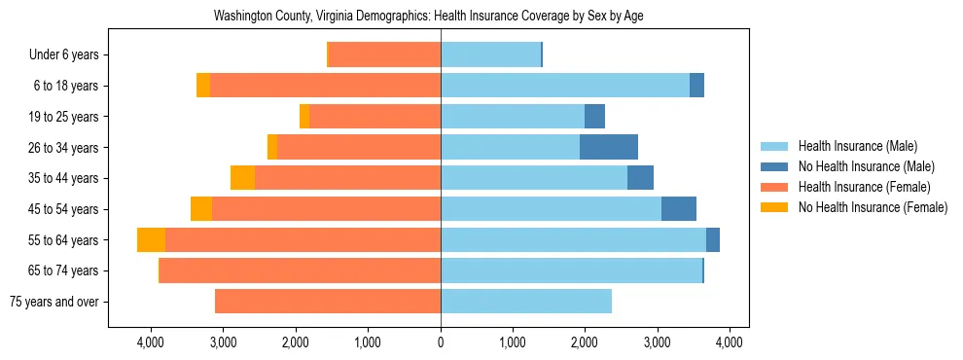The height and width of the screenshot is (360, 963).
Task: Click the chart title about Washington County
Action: pyautogui.click(x=428, y=17)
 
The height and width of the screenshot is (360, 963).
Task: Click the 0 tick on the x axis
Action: pyautogui.click(x=441, y=342)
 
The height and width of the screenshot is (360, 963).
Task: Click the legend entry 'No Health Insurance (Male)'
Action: pyautogui.click(x=866, y=166)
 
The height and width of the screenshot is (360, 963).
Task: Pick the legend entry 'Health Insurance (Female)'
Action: pyautogui.click(x=864, y=187)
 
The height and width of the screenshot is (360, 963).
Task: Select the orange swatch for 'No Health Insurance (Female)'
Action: pyautogui.click(x=775, y=207)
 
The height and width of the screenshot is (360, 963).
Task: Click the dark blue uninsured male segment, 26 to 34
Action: pyautogui.click(x=609, y=148)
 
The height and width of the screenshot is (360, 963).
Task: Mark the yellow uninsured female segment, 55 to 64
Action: pyautogui.click(x=151, y=240)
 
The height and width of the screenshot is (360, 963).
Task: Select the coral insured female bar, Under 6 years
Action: pyautogui.click(x=385, y=55)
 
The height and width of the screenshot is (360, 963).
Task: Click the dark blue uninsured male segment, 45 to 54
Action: pyautogui.click(x=679, y=209)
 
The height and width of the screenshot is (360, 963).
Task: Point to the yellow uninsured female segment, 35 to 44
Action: pyautogui.click(x=242, y=178)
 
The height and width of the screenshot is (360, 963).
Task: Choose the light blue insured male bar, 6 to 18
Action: pyautogui.click(x=565, y=86)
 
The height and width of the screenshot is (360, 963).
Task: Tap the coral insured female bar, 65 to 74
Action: pyautogui.click(x=301, y=270)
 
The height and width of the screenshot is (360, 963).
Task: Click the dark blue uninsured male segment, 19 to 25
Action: pyautogui.click(x=594, y=117)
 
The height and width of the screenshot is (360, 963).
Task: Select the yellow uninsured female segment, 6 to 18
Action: pyautogui.click(x=203, y=86)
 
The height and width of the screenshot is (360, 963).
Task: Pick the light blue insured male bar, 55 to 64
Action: pyautogui.click(x=573, y=240)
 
